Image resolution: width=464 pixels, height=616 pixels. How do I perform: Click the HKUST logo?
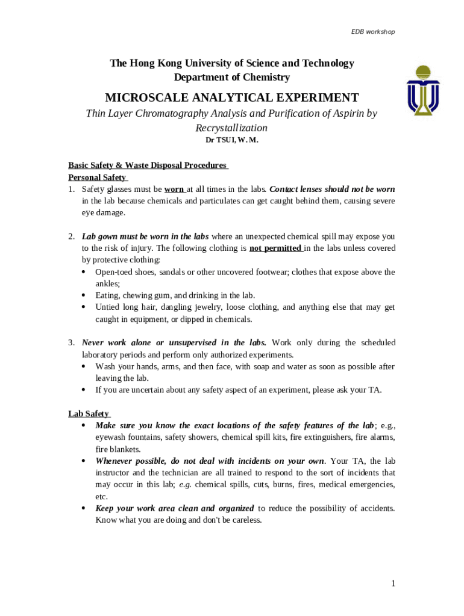coord(422,91)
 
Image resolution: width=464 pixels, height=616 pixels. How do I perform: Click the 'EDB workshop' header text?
coord(373,31)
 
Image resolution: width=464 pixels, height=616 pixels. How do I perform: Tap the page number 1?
coord(393,583)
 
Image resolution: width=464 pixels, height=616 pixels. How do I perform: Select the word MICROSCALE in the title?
coord(149,98)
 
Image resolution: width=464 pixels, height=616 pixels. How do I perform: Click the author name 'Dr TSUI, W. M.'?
coord(232,140)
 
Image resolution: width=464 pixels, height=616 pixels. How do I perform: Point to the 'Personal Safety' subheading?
coord(97,177)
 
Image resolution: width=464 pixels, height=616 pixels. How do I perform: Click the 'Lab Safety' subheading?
coord(89,413)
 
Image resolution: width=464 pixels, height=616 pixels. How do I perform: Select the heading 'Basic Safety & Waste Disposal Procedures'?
coord(147,165)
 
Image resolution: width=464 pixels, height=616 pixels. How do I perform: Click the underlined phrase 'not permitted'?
coord(275,248)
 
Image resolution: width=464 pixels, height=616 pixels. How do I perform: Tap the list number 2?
coord(71,236)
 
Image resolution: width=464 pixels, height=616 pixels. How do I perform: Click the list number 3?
coord(71,343)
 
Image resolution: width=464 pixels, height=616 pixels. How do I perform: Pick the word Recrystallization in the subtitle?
coord(231,128)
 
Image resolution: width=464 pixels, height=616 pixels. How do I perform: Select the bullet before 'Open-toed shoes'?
coord(83,272)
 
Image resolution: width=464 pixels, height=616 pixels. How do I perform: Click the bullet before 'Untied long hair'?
coord(83,307)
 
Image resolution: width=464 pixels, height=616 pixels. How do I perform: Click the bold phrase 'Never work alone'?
coord(117,343)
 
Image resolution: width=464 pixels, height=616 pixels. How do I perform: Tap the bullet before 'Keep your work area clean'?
coord(83,508)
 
